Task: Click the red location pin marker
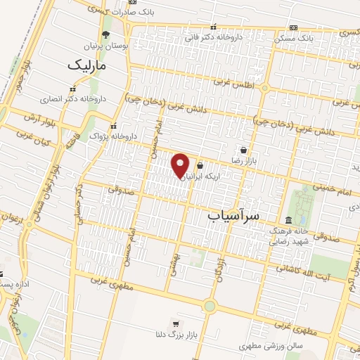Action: pyautogui.click(x=181, y=165)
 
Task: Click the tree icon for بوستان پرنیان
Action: pyautogui.click(x=105, y=34)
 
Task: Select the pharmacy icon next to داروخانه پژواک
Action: pyautogui.click(x=93, y=136)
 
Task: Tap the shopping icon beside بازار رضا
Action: pyautogui.click(x=243, y=150)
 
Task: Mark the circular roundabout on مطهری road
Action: pyautogui.click(x=209, y=306)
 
